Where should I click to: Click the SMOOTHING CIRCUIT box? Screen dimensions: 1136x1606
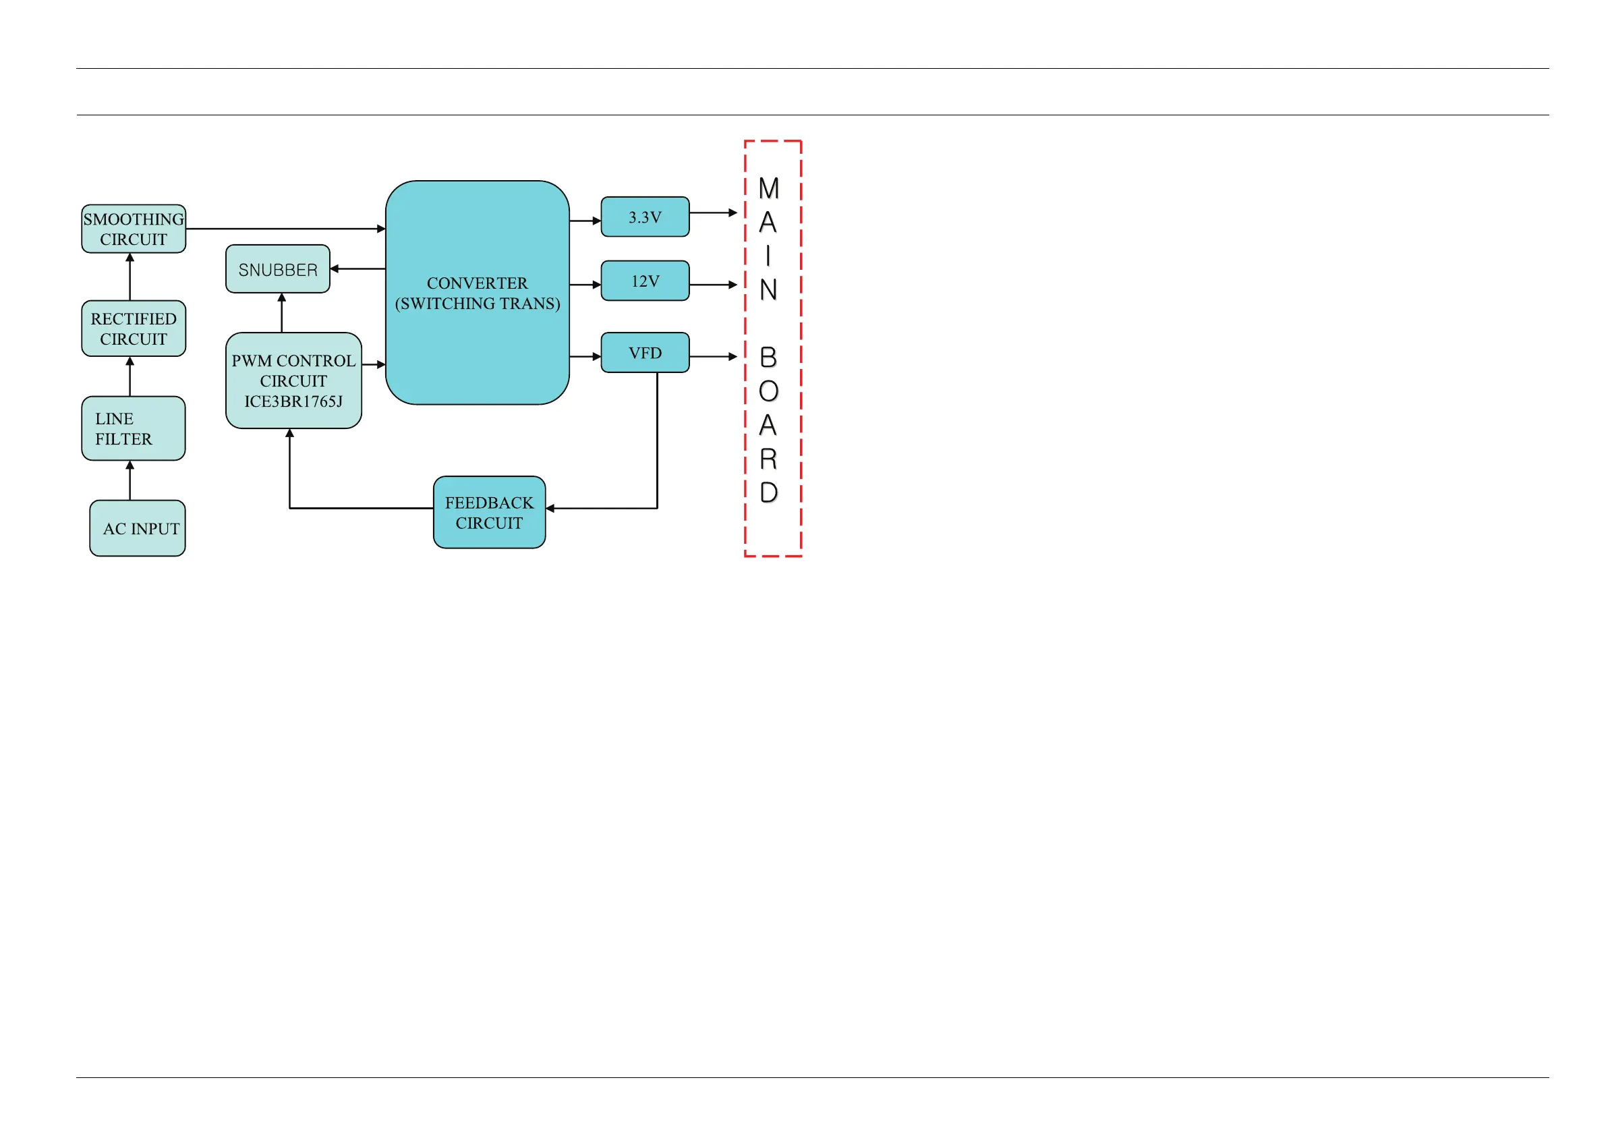point(133,229)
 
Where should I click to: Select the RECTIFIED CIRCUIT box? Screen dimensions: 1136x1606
point(133,329)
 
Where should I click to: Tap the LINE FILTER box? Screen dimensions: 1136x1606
point(133,428)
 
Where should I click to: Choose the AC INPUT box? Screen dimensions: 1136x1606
point(138,528)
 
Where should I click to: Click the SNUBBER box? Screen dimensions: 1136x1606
point(278,269)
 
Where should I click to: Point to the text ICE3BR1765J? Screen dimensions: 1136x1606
point(293,401)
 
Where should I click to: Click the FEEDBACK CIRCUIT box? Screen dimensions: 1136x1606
point(489,512)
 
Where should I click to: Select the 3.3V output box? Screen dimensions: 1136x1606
point(645,217)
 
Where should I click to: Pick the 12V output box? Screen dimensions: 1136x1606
point(645,281)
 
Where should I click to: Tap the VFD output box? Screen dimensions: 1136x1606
point(645,353)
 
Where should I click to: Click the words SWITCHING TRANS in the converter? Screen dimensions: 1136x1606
point(478,304)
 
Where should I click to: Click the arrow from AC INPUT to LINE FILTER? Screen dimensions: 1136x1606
point(130,480)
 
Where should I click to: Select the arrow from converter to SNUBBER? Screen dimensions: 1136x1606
point(357,268)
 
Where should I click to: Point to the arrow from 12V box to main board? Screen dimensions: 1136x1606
point(714,285)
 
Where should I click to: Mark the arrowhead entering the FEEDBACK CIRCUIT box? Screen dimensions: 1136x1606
point(550,509)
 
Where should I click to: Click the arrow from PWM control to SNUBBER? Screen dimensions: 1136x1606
point(282,313)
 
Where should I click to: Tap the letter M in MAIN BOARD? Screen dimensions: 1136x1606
point(769,188)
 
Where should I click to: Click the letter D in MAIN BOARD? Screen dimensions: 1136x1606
point(769,492)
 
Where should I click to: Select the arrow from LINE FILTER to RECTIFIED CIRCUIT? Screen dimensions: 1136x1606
point(130,376)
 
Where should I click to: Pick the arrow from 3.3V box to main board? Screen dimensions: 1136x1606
point(714,212)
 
